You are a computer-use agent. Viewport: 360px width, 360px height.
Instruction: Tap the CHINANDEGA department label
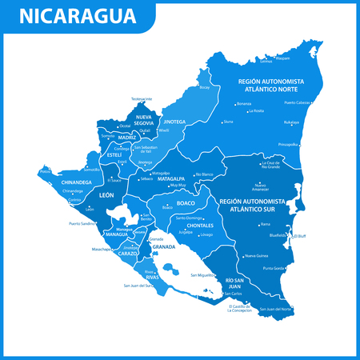(78, 182)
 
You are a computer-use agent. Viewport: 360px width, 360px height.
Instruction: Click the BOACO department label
(175, 202)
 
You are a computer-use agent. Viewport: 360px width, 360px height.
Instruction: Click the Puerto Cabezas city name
(298, 102)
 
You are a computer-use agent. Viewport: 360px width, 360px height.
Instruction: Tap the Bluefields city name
(279, 236)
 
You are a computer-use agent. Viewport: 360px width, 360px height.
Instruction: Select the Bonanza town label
(244, 104)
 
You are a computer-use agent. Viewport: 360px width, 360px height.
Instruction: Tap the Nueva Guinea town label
(256, 255)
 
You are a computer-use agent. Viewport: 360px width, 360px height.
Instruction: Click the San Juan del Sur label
(137, 286)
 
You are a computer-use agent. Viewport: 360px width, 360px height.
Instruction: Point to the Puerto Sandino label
(83, 224)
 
